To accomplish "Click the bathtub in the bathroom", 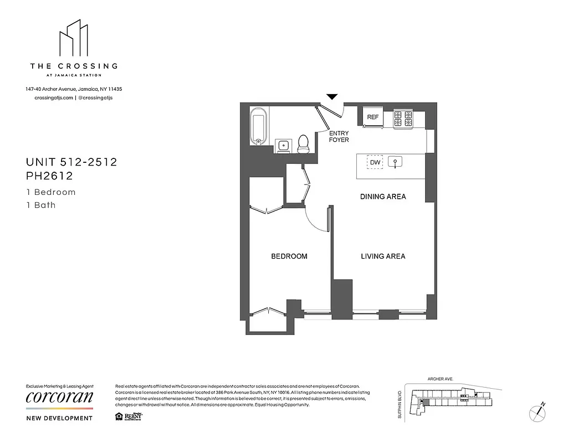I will coord(258,127).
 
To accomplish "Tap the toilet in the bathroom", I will coord(303,143).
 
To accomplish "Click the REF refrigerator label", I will coord(373,117).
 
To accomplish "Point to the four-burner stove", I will coord(403,119).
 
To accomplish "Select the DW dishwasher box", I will coord(375,162).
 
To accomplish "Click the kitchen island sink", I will coord(395,162).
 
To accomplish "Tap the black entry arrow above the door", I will coord(331,97).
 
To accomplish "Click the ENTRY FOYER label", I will coord(339,137).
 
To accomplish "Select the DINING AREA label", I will coord(382,197).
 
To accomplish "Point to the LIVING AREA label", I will coord(383,256).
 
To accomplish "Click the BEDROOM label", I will coord(289,256).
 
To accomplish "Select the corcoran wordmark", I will coord(60,398).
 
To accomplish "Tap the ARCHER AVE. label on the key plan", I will coord(440,379).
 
